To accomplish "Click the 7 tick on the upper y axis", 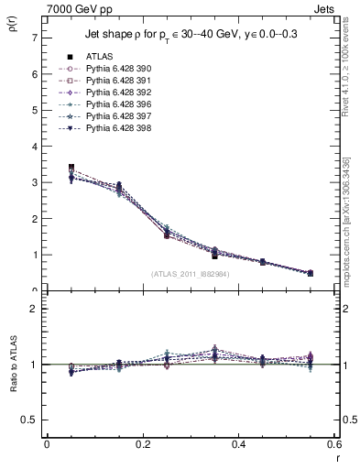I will [34, 38].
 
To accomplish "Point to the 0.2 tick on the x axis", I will [142, 444].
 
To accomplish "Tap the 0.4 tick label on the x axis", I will [238, 444].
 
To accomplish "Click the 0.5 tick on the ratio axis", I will [30, 420].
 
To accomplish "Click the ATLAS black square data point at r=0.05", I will [71, 168].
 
